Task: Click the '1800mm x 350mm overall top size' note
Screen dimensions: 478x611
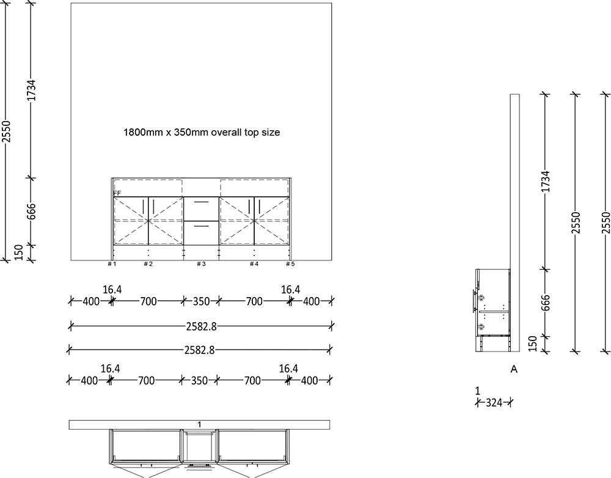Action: (202, 132)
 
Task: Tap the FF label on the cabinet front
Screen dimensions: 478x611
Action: (117, 193)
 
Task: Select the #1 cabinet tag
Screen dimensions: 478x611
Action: (112, 264)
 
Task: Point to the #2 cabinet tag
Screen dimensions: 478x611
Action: (148, 264)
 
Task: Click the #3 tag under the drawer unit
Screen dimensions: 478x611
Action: (201, 264)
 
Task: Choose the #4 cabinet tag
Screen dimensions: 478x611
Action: (254, 264)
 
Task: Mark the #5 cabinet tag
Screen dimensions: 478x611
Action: (290, 264)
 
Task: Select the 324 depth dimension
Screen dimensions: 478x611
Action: (494, 403)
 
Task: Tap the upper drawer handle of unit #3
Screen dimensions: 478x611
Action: (201, 201)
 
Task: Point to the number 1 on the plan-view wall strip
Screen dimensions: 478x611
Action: (200, 424)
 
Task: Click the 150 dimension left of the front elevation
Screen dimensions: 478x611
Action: (18, 252)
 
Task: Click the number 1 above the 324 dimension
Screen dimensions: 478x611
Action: (477, 390)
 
